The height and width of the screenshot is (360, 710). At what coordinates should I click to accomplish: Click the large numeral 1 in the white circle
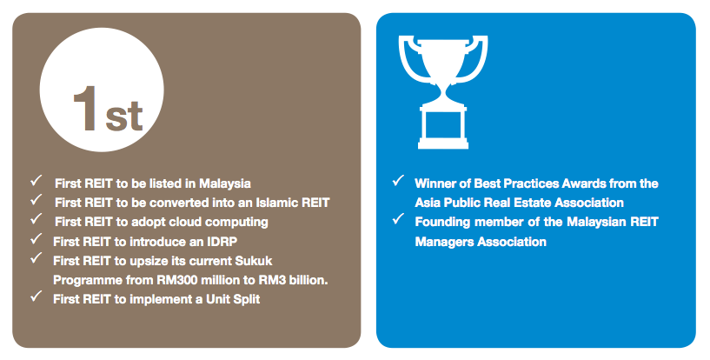click(86, 109)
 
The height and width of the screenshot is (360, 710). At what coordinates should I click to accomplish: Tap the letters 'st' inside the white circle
click(124, 117)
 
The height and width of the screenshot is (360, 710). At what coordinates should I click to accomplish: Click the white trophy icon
click(443, 92)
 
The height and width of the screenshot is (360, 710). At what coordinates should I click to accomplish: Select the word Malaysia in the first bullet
click(225, 183)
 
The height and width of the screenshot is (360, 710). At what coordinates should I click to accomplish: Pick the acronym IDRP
click(222, 242)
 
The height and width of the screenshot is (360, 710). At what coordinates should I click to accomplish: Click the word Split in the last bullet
click(247, 299)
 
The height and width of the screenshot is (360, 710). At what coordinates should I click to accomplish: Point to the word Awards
click(584, 183)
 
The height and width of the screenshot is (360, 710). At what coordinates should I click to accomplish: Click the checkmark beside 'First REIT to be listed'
click(36, 180)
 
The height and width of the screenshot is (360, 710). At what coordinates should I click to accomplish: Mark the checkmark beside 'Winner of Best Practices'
click(398, 180)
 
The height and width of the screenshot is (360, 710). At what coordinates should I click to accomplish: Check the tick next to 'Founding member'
click(398, 219)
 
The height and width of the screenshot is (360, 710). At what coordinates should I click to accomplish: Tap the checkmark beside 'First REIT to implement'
click(36, 297)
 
